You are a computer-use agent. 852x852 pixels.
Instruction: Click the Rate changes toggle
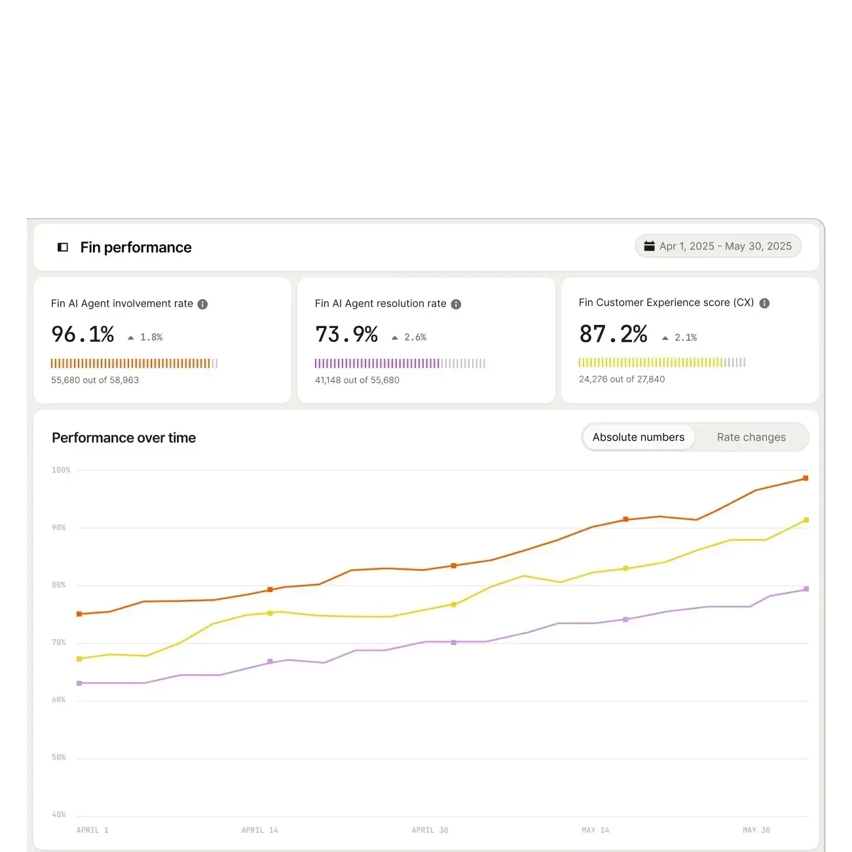(750, 437)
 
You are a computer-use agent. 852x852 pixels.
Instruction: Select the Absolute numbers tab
(638, 437)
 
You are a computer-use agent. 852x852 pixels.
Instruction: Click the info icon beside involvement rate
(202, 304)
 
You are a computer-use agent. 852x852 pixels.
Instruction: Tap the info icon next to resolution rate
(456, 304)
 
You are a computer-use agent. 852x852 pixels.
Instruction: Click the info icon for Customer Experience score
(764, 303)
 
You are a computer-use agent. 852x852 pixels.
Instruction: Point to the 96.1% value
(83, 334)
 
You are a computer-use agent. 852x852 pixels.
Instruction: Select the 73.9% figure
(346, 334)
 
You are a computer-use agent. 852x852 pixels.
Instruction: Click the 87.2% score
(613, 334)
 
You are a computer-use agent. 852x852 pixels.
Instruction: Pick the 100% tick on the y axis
(61, 470)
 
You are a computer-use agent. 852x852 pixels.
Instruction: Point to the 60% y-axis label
(59, 700)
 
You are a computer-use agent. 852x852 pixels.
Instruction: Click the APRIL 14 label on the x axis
(259, 830)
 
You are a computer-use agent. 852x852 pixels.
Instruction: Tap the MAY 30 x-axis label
(756, 830)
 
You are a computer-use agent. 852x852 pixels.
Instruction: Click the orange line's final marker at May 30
(806, 478)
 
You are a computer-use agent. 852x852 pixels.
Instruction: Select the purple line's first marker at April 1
(79, 683)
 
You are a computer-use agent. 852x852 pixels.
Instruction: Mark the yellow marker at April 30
(454, 604)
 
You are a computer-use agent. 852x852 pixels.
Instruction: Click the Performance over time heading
(124, 437)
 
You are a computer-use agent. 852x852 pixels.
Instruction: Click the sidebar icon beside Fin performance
(63, 247)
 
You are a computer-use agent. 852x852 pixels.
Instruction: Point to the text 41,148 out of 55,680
(357, 380)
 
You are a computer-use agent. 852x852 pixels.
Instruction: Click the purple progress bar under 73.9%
(399, 363)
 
